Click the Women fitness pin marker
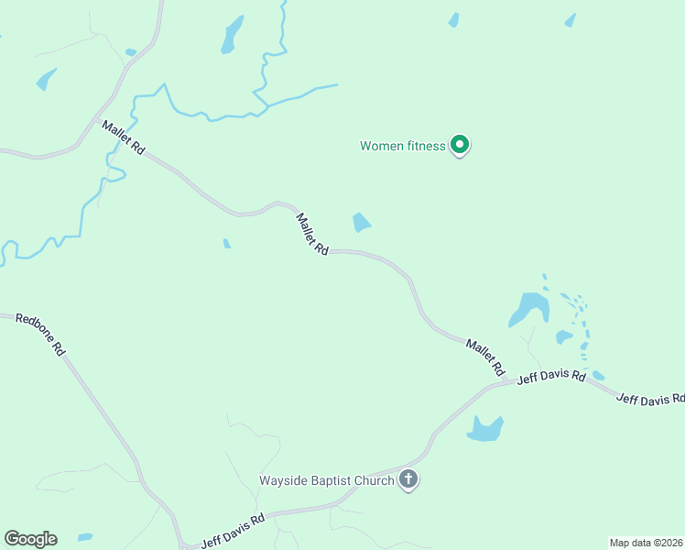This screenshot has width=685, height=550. click(461, 145)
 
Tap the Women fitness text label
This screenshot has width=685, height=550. click(402, 146)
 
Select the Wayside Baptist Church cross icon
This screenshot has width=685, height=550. click(408, 478)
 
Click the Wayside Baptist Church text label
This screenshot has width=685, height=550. click(326, 479)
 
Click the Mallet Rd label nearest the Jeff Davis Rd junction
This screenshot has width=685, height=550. click(485, 357)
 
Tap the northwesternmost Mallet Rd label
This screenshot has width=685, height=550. click(124, 137)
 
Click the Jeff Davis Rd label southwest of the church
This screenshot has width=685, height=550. click(233, 530)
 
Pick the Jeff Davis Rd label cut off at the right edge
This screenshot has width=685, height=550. click(649, 400)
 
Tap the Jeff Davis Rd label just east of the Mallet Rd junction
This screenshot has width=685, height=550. click(551, 377)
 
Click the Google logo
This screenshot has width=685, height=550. click(30, 539)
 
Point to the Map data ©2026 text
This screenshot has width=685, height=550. click(646, 542)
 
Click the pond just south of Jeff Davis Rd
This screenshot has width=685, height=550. click(485, 428)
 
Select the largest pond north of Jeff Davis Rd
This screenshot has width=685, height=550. click(528, 308)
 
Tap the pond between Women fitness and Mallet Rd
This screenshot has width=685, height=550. click(362, 223)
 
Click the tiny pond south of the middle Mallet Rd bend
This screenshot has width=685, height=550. click(227, 244)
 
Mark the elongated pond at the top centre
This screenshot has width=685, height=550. click(233, 34)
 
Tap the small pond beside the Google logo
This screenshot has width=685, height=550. click(85, 537)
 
